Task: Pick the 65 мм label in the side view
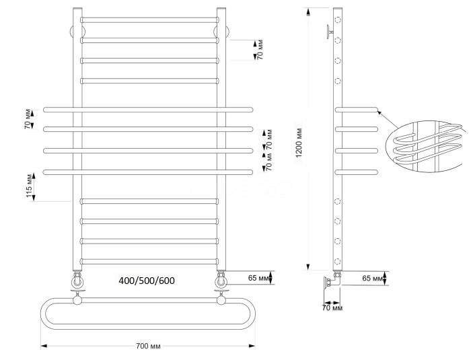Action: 373,277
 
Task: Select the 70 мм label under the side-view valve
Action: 332,308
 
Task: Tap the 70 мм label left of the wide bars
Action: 28,117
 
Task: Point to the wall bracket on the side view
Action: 328,30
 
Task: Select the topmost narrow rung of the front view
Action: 149,20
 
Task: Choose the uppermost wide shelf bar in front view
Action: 148,108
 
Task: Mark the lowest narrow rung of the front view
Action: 149,261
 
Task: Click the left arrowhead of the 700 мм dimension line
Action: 44,347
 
